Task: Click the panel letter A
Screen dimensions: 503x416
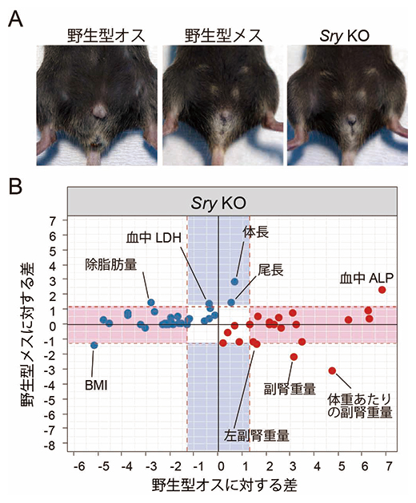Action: click(x=14, y=17)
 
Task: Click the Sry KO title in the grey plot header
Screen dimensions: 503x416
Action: click(x=233, y=203)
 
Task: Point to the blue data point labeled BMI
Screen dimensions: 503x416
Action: click(x=94, y=345)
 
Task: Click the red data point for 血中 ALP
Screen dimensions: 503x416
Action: click(x=382, y=290)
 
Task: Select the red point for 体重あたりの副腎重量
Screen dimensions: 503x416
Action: click(x=333, y=370)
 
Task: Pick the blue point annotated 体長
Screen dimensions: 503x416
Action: click(x=234, y=281)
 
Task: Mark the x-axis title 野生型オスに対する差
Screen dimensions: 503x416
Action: click(x=233, y=485)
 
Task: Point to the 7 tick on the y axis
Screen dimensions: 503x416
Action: click(x=54, y=220)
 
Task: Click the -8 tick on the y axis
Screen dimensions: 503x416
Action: click(x=51, y=445)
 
